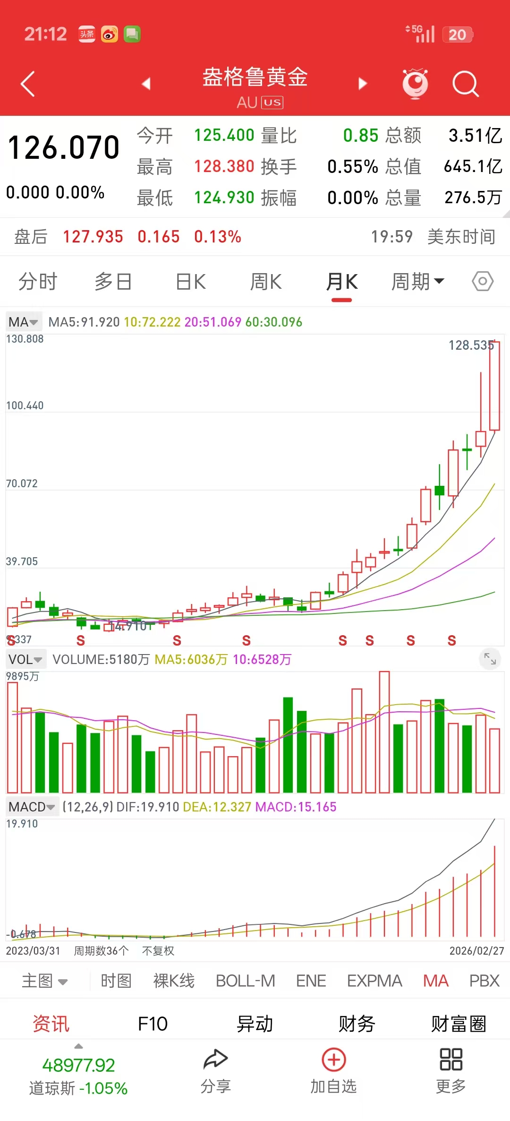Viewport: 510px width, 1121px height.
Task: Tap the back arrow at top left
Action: coord(28,84)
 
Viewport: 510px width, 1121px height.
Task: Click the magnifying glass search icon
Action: coord(465,84)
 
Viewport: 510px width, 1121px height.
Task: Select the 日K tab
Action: coord(191,282)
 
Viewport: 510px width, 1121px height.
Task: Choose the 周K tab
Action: coord(266,282)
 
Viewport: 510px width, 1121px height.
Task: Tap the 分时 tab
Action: coord(38,282)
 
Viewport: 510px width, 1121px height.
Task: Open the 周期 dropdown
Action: coord(417,282)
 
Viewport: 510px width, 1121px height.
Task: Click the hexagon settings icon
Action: coord(483,282)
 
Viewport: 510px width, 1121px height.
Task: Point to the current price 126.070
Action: coord(64,147)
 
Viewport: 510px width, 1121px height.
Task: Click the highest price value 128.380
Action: coord(224,166)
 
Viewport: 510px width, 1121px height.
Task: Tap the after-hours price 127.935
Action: coord(93,237)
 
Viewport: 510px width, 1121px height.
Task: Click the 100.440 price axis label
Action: coord(25,405)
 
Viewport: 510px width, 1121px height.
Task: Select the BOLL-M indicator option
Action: coord(245,981)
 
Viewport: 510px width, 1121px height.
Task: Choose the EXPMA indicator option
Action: coord(374,981)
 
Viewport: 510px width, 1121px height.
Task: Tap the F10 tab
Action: coord(153,1024)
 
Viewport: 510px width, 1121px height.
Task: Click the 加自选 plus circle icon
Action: coord(334,1060)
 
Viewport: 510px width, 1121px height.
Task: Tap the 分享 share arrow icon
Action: coord(215,1060)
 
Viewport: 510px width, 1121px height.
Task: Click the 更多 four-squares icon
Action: coord(450,1060)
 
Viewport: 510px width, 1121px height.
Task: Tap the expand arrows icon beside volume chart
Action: coord(490,658)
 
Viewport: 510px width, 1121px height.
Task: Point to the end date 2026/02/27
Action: coord(476,951)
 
